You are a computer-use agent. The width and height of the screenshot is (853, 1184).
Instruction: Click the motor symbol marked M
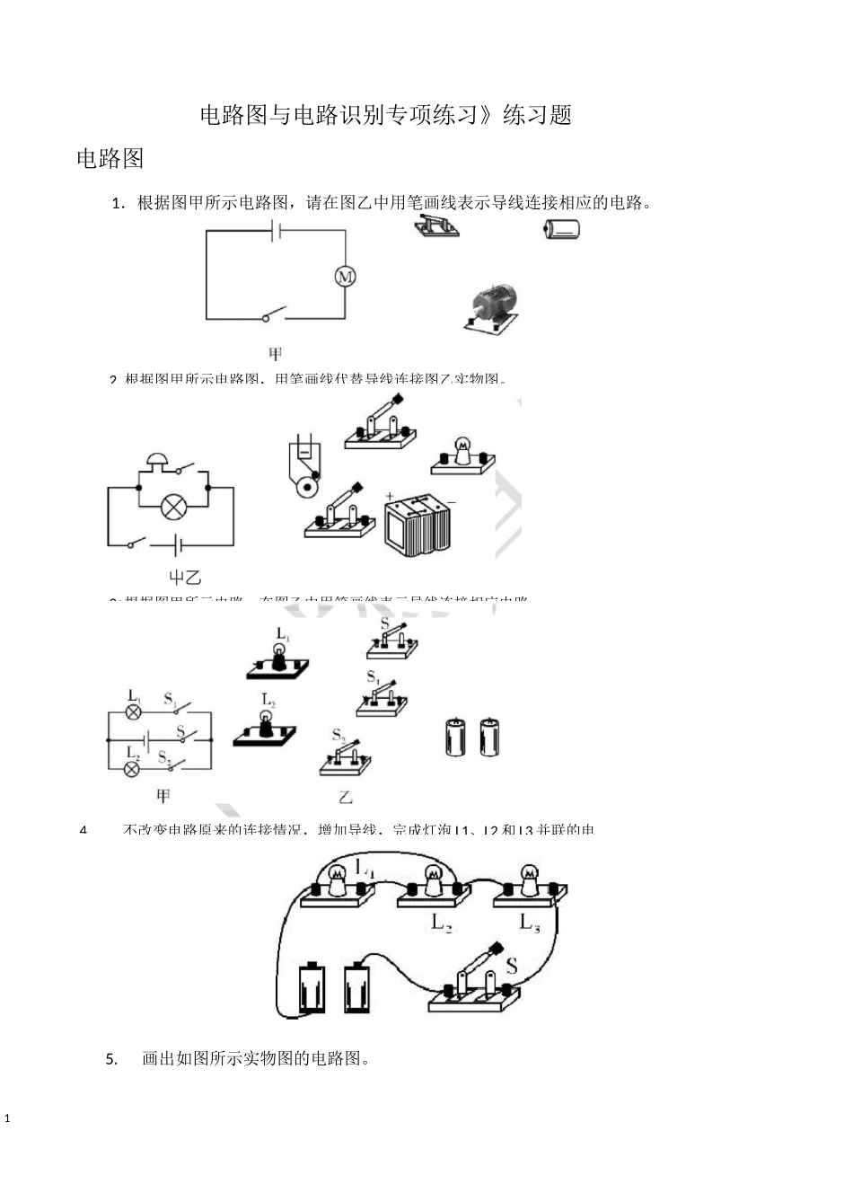tap(346, 276)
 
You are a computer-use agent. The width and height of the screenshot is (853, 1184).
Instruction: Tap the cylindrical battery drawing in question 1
tap(561, 230)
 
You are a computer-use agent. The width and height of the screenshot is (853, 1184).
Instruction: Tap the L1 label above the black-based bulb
tap(283, 634)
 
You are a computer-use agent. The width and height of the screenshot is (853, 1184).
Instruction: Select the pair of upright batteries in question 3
tap(472, 736)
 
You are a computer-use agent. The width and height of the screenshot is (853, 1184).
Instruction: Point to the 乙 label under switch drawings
tap(346, 797)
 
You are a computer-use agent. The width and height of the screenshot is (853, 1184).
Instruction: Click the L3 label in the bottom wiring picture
tap(530, 922)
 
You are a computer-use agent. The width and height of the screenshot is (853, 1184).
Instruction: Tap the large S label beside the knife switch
tap(511, 966)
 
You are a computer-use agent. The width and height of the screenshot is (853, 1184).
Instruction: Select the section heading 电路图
tap(110, 159)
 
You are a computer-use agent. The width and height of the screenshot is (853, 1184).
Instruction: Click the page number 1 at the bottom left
tap(8, 1119)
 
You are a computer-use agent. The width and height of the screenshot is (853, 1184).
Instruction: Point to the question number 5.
tap(111, 1058)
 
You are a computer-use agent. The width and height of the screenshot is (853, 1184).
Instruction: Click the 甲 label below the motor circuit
tap(275, 353)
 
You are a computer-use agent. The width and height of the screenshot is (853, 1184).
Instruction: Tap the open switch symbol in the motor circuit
tap(273, 314)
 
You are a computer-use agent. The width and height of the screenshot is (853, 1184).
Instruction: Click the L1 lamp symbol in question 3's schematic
tap(134, 711)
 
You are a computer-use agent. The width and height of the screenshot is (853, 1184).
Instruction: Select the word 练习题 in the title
tap(538, 116)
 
